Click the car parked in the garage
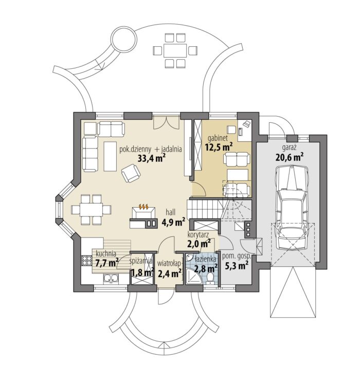pos(291,208)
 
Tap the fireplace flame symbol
pos(143,206)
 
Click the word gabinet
pos(218,138)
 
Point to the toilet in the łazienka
pos(210,278)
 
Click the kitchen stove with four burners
pos(87,261)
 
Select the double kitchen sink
pos(111,279)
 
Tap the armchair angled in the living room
pos(131,173)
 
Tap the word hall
pos(171,212)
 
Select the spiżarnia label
pos(141,261)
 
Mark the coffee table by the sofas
pos(111,156)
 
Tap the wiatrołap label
pos(169,264)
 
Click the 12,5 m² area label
pos(219,147)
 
